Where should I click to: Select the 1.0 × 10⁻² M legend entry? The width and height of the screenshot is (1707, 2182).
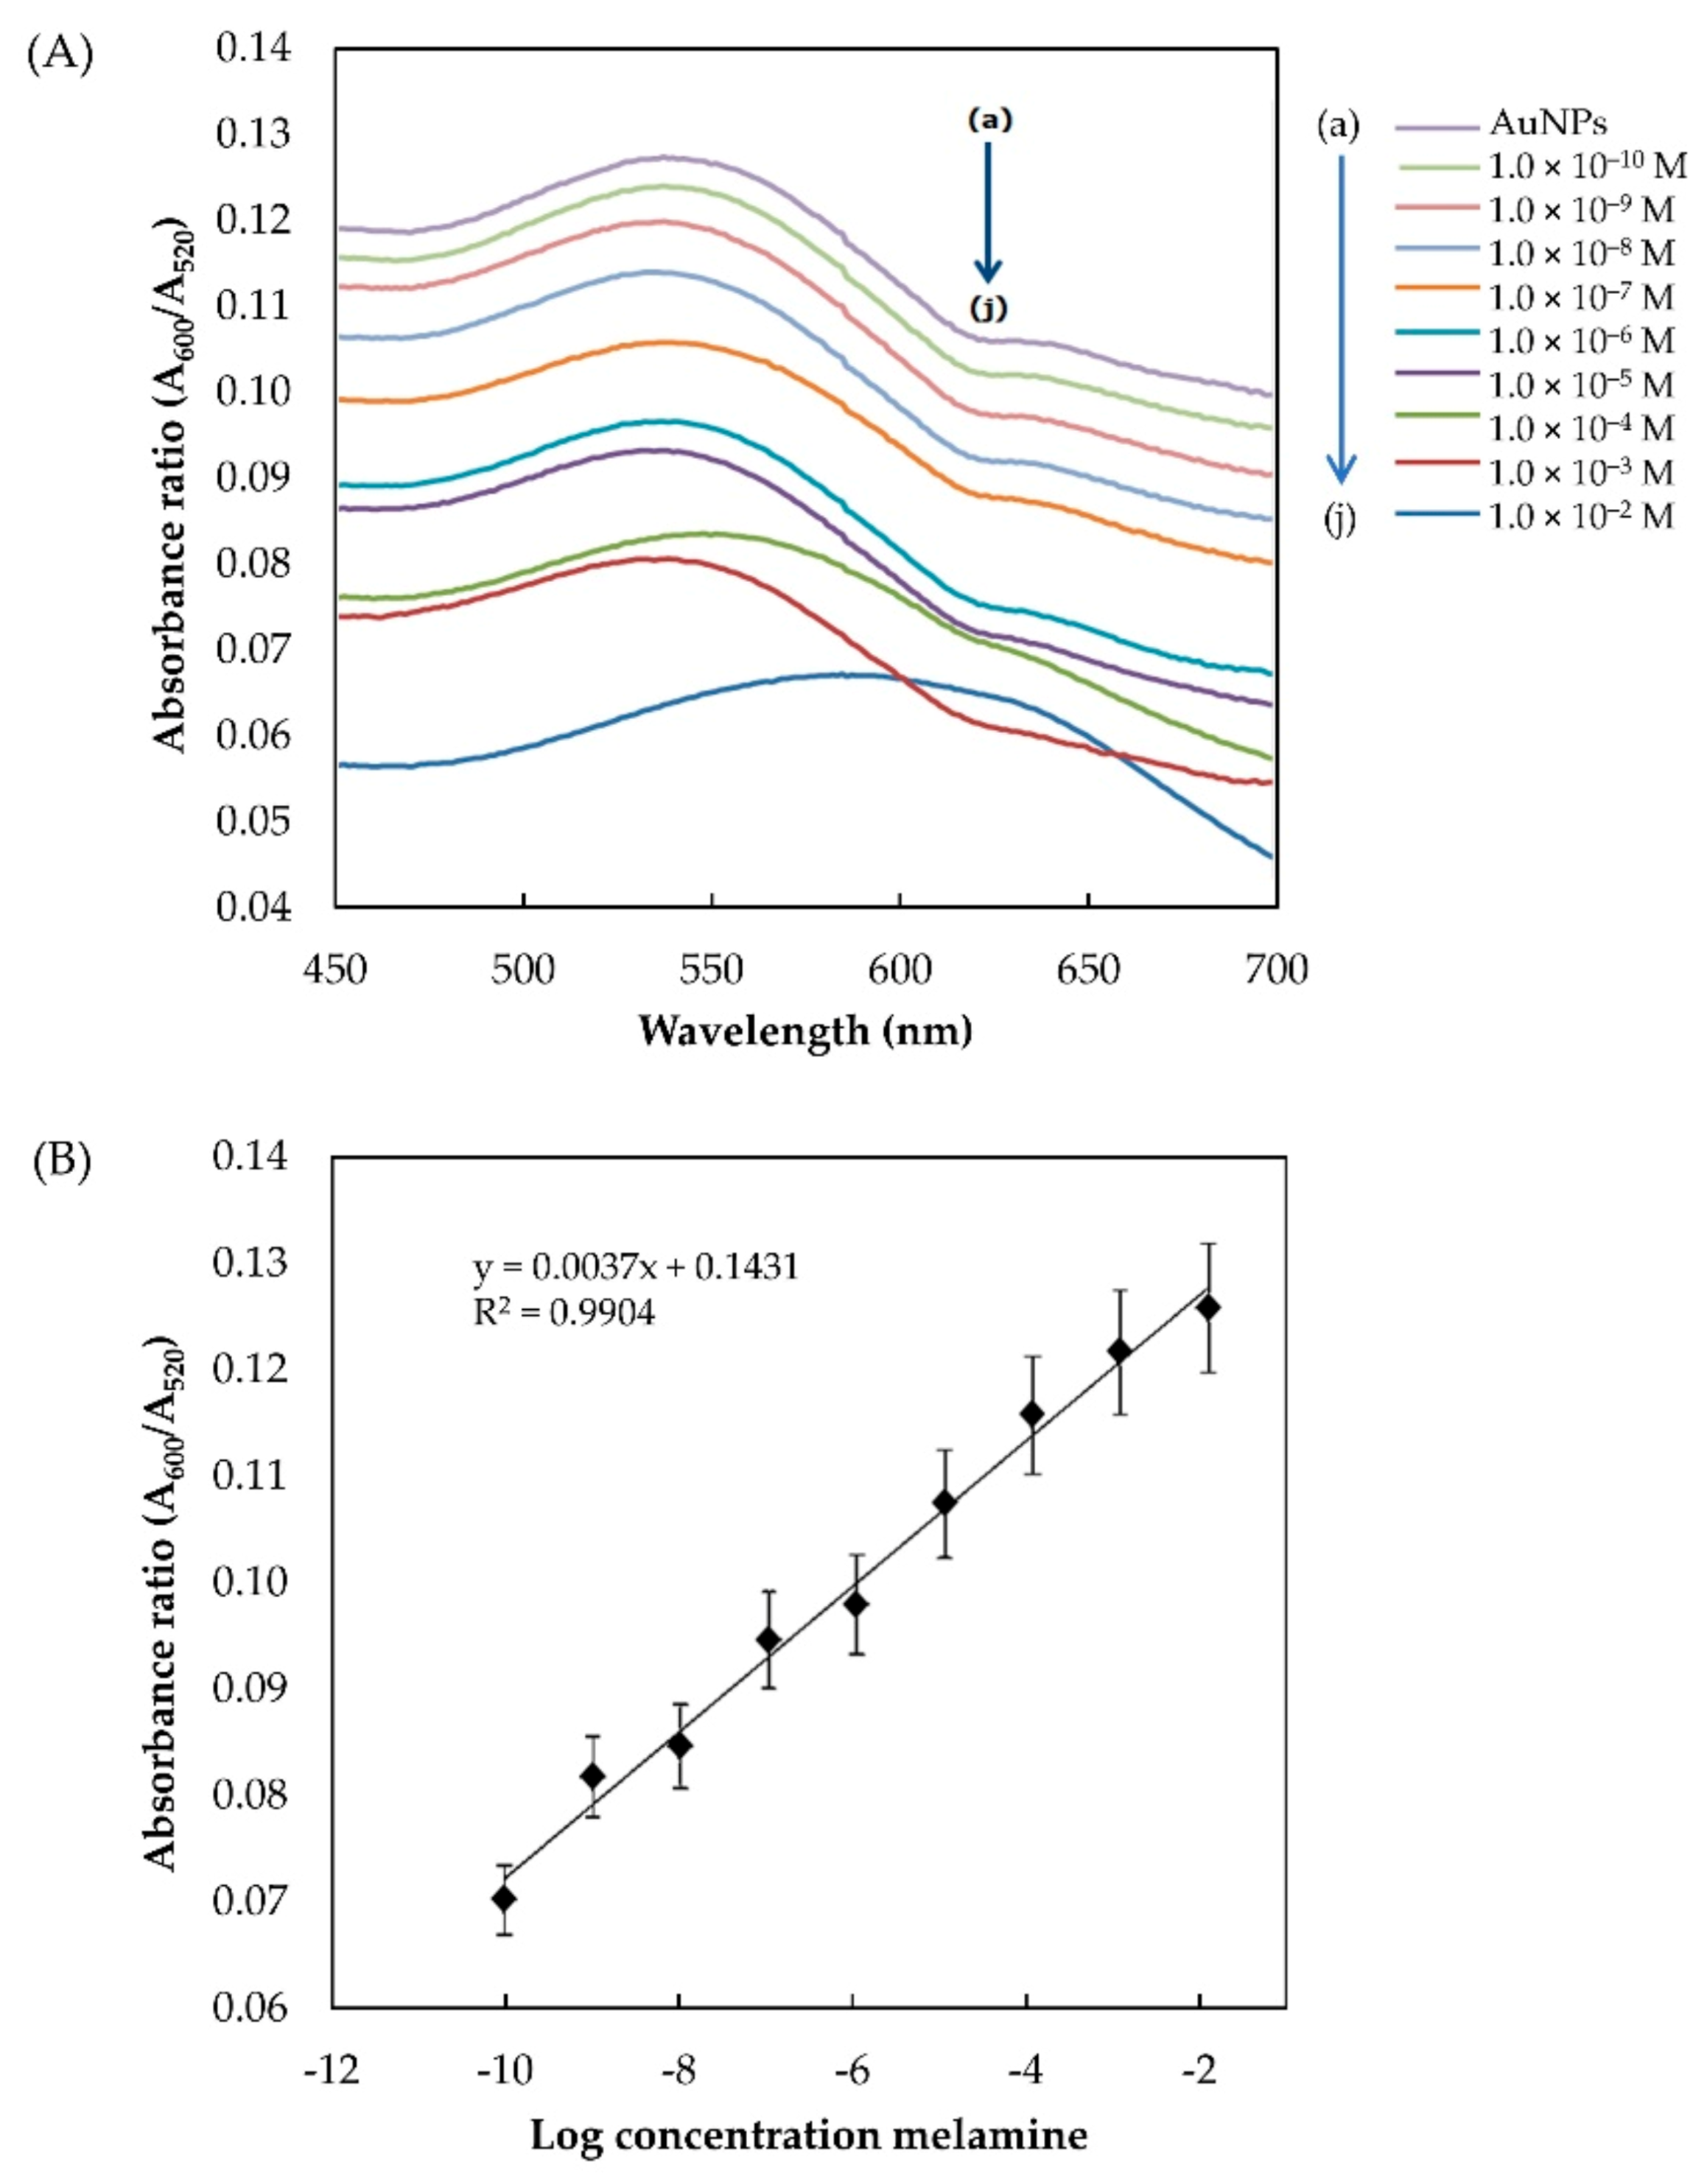pos(1579,516)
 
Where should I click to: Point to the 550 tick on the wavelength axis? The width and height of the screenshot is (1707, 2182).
pos(712,969)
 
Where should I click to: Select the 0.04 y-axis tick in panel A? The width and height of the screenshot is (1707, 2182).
pos(255,906)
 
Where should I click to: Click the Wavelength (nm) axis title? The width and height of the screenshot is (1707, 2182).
pos(805,1030)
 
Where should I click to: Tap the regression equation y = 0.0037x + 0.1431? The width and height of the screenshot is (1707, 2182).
pos(636,1267)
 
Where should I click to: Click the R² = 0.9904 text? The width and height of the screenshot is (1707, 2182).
pos(564,1312)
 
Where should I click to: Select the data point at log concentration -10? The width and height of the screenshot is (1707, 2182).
pos(505,1898)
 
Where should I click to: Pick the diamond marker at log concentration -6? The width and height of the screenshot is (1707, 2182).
pos(855,1604)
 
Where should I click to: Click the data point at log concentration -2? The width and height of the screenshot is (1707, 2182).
pos(1208,1307)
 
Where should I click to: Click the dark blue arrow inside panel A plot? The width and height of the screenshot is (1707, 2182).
pos(987,213)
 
